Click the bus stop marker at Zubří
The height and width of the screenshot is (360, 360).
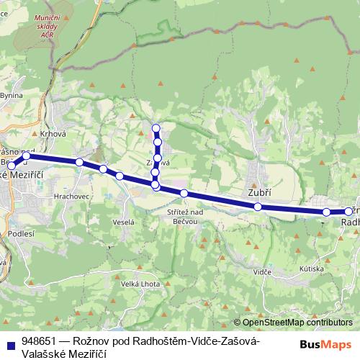click(x=258, y=207)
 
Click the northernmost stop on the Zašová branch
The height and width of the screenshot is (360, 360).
click(x=156, y=130)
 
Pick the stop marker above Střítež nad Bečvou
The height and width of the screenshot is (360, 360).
click(x=184, y=193)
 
